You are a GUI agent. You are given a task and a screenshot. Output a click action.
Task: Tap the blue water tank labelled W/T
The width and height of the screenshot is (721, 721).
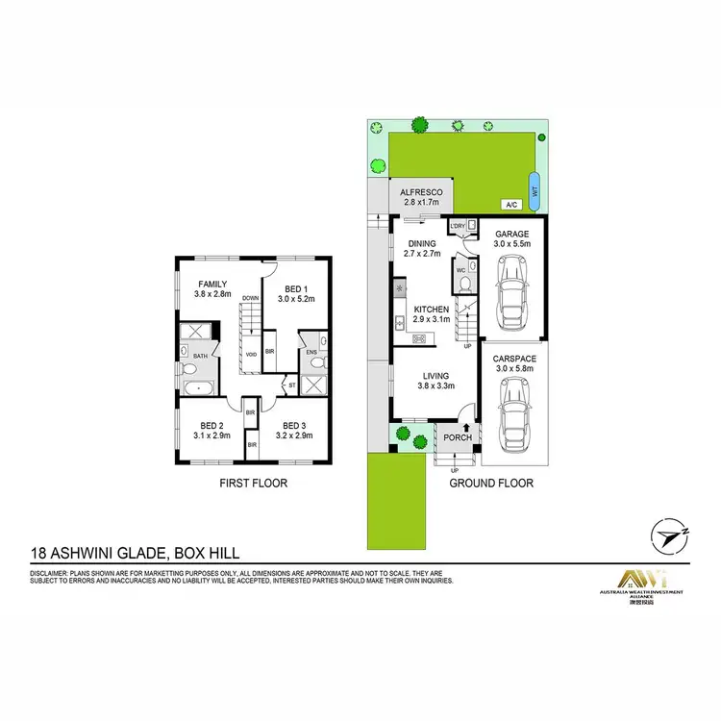(535, 187)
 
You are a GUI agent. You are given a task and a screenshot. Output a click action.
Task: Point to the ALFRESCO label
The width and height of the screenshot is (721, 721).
(419, 193)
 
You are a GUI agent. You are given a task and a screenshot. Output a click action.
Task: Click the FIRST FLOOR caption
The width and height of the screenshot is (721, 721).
(254, 484)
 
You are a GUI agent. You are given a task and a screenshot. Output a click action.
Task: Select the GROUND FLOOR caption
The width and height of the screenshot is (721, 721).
(491, 484)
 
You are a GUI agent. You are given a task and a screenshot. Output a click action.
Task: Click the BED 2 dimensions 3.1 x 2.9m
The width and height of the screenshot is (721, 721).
(211, 435)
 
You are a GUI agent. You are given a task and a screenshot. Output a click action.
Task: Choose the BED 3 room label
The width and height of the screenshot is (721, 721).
(295, 424)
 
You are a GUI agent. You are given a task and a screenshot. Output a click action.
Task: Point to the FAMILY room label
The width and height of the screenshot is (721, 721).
(212, 285)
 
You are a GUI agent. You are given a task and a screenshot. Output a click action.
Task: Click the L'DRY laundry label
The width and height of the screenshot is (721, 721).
(458, 226)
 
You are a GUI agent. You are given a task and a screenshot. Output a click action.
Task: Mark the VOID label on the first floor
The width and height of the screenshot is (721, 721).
(250, 353)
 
